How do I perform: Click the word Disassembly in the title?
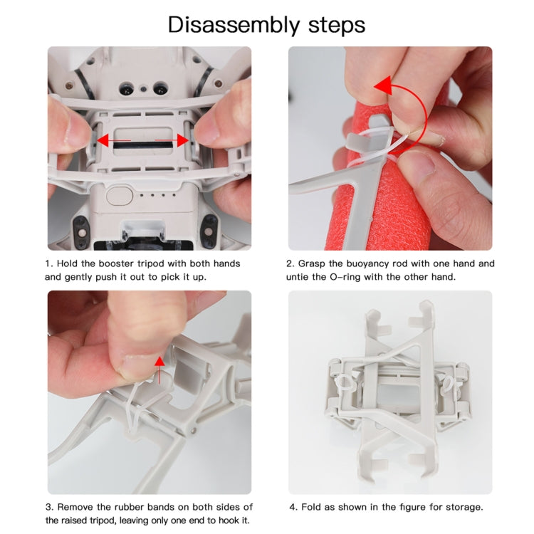(x=225, y=25)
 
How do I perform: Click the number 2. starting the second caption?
(x=290, y=263)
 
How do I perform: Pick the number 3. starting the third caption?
(x=49, y=507)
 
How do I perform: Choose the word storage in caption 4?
(x=464, y=507)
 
